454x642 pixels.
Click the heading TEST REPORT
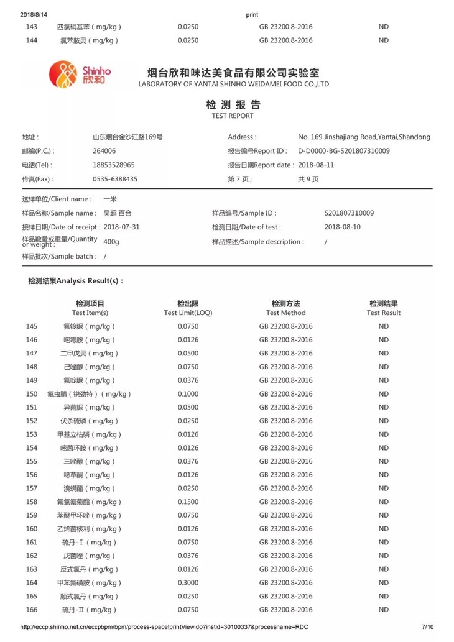point(233,116)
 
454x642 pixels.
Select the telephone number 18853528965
point(114,165)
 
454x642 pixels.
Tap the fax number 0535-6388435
point(115,179)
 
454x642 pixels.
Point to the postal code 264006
point(104,151)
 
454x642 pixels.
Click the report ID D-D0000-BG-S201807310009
point(344,151)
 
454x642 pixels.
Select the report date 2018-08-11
point(316,165)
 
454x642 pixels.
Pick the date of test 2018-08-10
point(342,227)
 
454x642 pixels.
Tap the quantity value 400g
point(111,241)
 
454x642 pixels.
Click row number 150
point(32,394)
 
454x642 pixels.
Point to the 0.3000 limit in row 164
point(188,583)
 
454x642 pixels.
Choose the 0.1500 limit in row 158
point(188,502)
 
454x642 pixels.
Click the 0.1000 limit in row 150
point(188,394)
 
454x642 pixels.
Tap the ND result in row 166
point(383,610)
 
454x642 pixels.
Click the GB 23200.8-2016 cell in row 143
point(285,27)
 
